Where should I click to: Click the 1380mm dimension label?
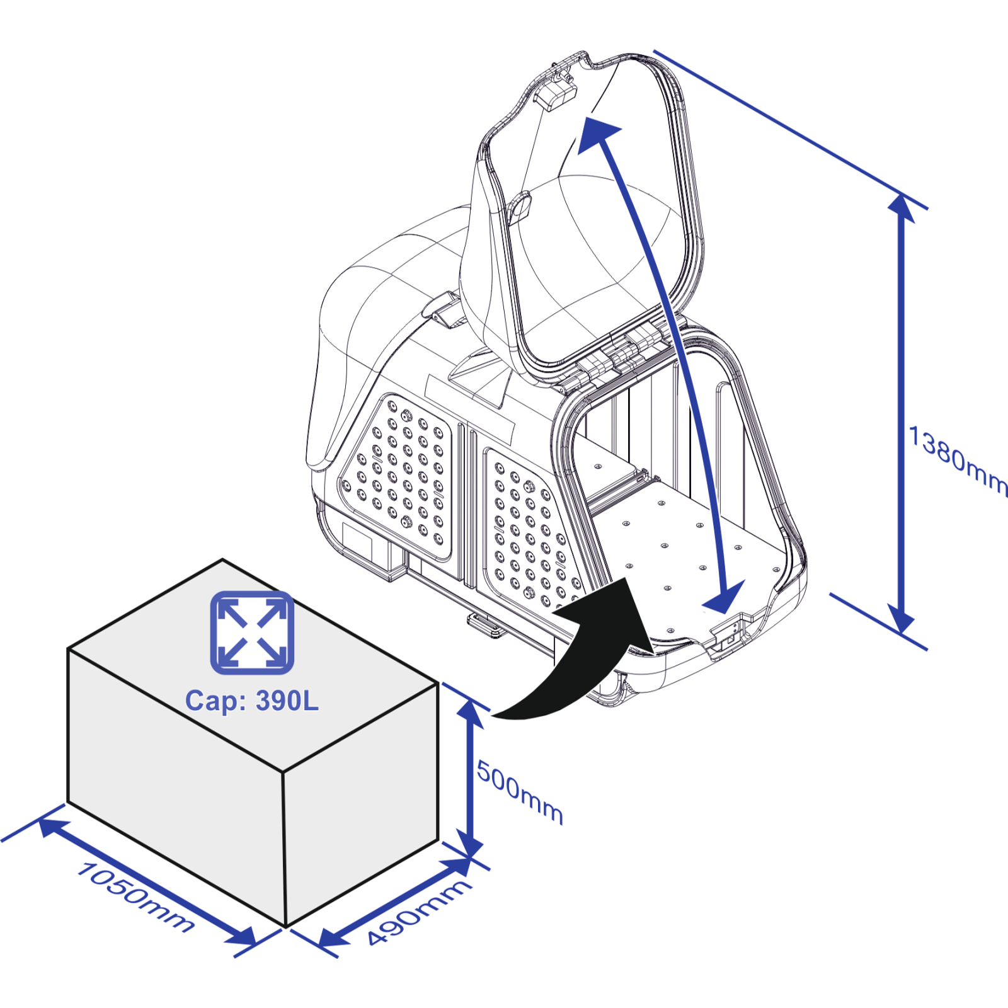pos(958,461)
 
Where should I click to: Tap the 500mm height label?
pos(520,792)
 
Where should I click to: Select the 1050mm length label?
pos(135,897)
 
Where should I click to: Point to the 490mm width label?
pos(419,912)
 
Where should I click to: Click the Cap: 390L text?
pos(252,701)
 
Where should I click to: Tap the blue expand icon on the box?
pos(252,633)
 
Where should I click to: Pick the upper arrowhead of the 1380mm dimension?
pos(902,208)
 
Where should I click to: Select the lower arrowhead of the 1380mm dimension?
pos(902,619)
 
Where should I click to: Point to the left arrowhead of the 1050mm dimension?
pos(54,827)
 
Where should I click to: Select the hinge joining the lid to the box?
pos(621,354)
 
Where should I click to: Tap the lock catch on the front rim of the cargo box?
pos(731,636)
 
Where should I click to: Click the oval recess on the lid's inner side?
pos(518,209)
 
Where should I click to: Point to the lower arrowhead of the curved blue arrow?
pos(724,597)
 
